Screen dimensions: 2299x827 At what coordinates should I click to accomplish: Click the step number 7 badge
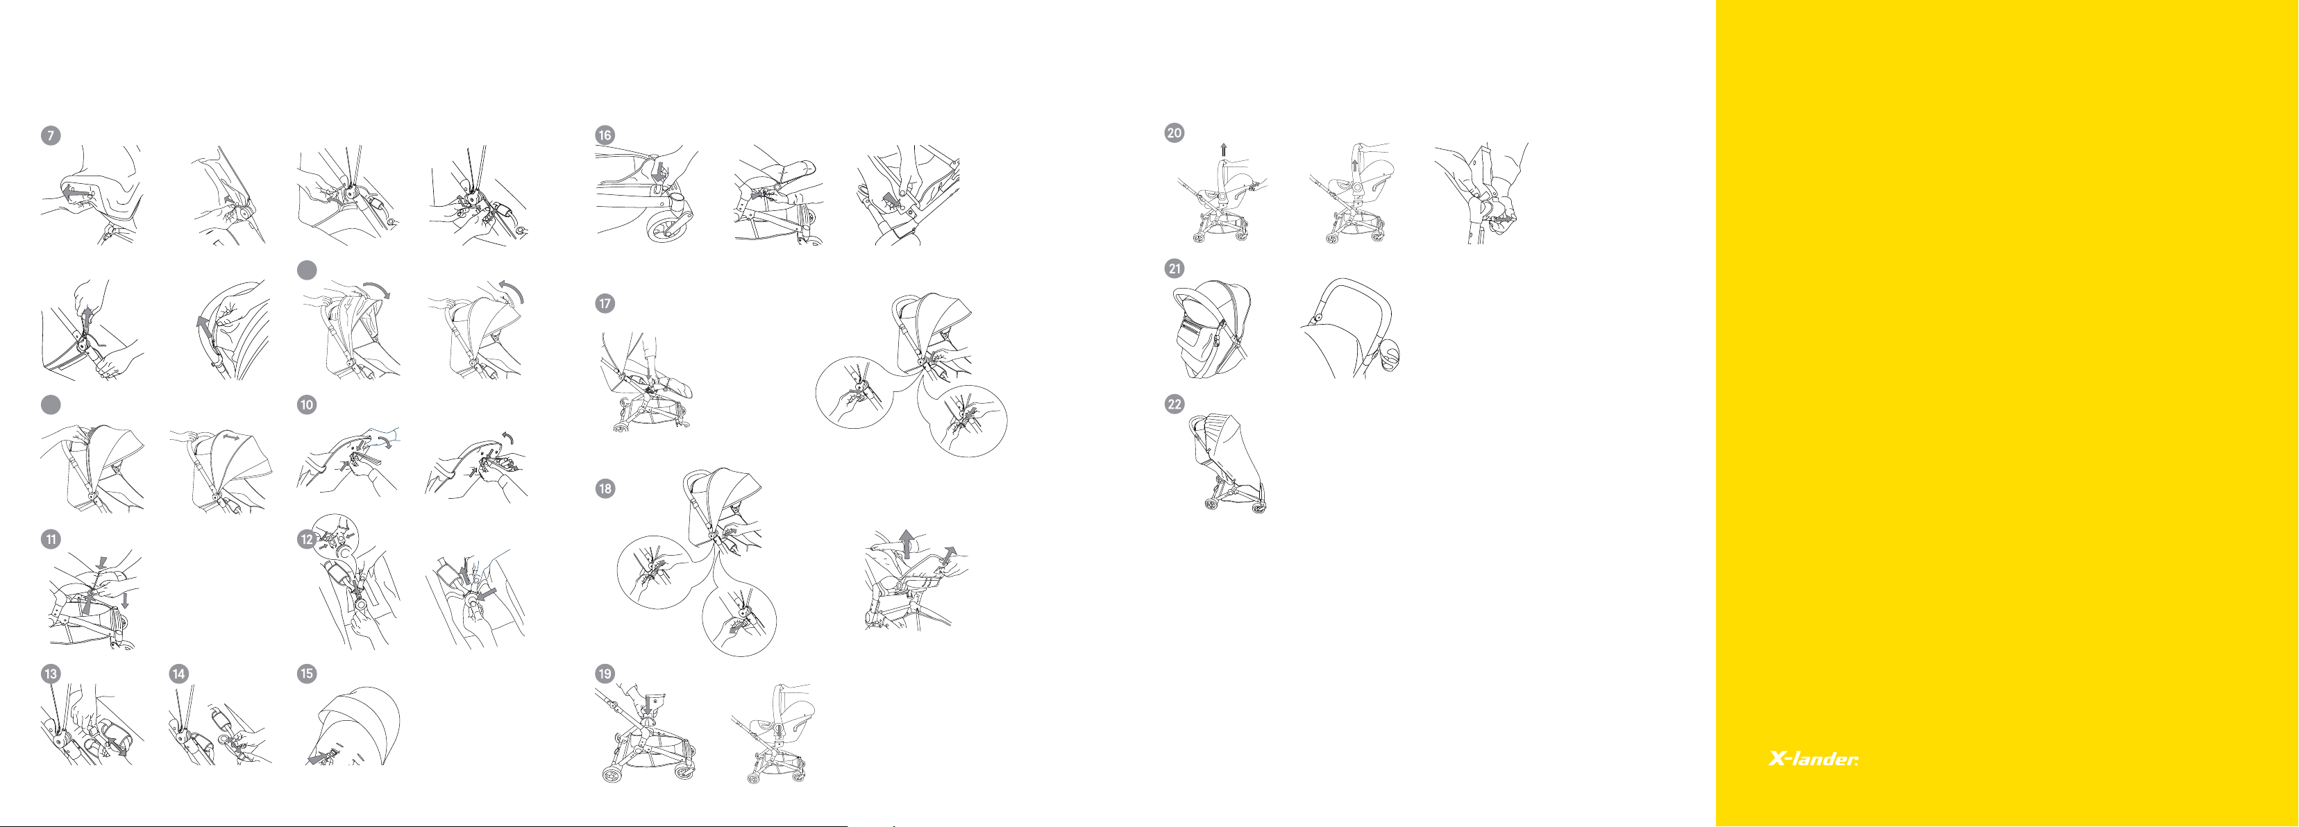click(51, 135)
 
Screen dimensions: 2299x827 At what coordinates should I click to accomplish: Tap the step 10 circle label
click(307, 405)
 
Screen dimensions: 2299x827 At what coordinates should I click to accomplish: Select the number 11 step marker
click(51, 539)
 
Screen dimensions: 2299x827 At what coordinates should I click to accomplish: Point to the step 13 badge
click(51, 674)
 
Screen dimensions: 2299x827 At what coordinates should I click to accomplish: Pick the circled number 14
click(178, 674)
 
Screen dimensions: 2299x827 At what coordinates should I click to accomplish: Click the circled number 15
click(307, 674)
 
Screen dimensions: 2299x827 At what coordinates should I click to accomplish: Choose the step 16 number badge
click(605, 135)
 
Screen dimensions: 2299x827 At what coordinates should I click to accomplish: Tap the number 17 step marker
click(605, 304)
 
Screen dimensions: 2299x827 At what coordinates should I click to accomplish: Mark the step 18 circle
click(605, 489)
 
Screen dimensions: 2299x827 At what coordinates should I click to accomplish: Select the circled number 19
click(605, 674)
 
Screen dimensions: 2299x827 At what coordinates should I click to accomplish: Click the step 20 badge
click(1174, 133)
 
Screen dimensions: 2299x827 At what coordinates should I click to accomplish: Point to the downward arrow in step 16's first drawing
click(659, 169)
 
